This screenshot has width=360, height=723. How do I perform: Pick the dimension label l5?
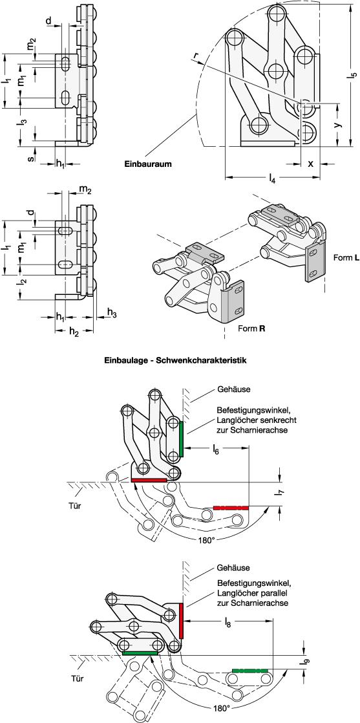(353, 73)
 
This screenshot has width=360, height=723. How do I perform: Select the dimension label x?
(310, 163)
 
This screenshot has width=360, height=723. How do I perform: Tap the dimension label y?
(337, 125)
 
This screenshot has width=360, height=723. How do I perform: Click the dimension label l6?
(217, 450)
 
